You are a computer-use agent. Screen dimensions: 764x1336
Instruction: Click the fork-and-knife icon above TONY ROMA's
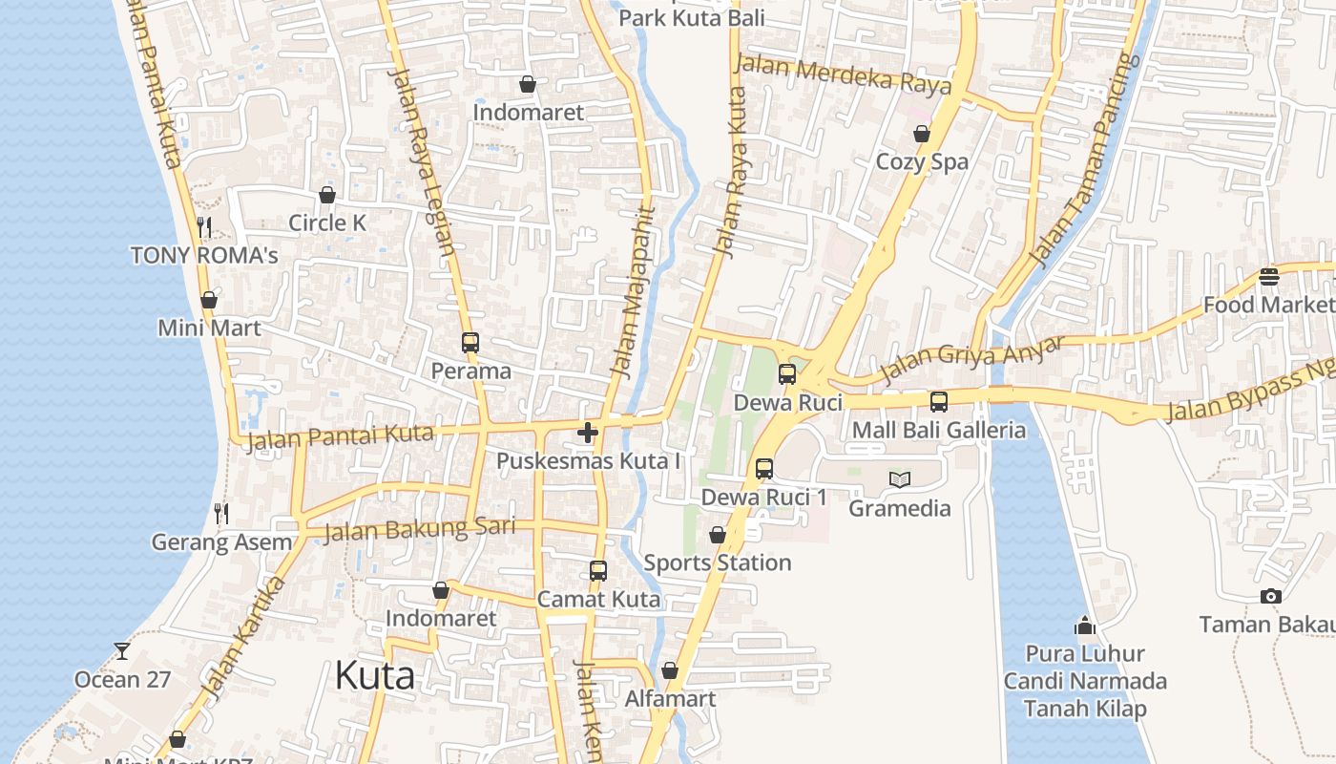[x=204, y=226]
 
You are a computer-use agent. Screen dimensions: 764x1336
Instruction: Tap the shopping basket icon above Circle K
[x=327, y=195]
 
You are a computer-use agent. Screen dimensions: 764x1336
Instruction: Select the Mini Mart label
[x=209, y=328]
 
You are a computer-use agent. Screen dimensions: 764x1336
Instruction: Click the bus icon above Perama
[x=470, y=342]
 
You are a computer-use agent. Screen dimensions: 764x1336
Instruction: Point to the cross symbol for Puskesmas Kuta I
[x=588, y=433]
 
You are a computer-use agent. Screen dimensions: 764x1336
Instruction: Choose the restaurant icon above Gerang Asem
[x=221, y=514]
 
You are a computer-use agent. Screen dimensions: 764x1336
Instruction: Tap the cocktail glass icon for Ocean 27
[x=122, y=651]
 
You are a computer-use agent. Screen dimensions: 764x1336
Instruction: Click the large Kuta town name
[x=374, y=675]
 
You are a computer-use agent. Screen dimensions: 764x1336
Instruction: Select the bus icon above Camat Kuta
[x=598, y=571]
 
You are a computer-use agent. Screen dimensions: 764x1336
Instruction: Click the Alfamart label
[x=670, y=699]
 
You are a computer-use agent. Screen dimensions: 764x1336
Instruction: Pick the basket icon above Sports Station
[x=718, y=535]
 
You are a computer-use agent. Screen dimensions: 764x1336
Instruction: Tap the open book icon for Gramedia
[x=900, y=479]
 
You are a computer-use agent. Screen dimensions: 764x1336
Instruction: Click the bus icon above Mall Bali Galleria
[x=939, y=401]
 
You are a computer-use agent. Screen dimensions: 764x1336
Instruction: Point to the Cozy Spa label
[x=922, y=161]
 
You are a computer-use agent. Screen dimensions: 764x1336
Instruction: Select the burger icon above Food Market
[x=1268, y=277]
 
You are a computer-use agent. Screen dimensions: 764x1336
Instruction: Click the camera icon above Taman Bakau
[x=1270, y=597]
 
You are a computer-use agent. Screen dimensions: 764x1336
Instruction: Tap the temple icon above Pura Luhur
[x=1085, y=626]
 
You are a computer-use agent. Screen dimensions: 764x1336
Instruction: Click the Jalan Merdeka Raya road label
[x=844, y=74]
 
